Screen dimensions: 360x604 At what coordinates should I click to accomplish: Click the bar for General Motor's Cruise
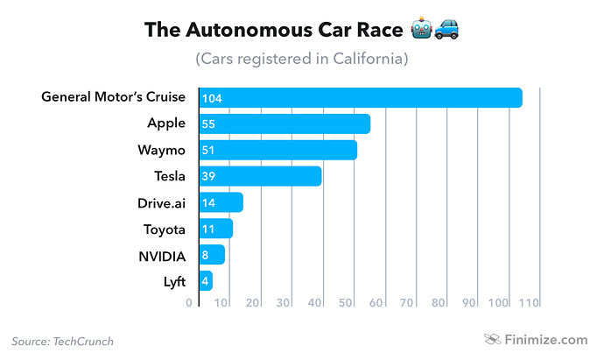coord(361,97)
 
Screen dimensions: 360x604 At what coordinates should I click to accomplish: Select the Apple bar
coord(284,124)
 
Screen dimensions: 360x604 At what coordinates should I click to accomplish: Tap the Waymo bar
coord(277,150)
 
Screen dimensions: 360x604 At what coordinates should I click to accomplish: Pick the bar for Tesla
coord(260,176)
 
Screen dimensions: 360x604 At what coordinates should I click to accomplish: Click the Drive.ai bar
coord(221,202)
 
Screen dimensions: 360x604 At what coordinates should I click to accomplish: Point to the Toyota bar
coord(216,229)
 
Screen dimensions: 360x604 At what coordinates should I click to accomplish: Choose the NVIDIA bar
coord(212,255)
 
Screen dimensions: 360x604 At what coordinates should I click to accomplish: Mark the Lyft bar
coord(207,281)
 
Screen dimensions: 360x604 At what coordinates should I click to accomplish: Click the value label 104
coord(211,98)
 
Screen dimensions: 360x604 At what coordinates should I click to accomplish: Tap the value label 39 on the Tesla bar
coord(209,177)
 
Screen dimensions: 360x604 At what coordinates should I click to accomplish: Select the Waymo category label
coord(162,150)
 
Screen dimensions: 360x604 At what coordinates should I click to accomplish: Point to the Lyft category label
coord(173,281)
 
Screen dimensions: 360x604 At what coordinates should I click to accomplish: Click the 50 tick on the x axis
coord(346,303)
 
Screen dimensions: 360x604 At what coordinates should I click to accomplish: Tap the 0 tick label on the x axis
coord(189,303)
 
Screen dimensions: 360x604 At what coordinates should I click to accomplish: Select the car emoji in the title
coord(447,31)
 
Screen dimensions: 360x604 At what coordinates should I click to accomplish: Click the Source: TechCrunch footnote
coord(63,341)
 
